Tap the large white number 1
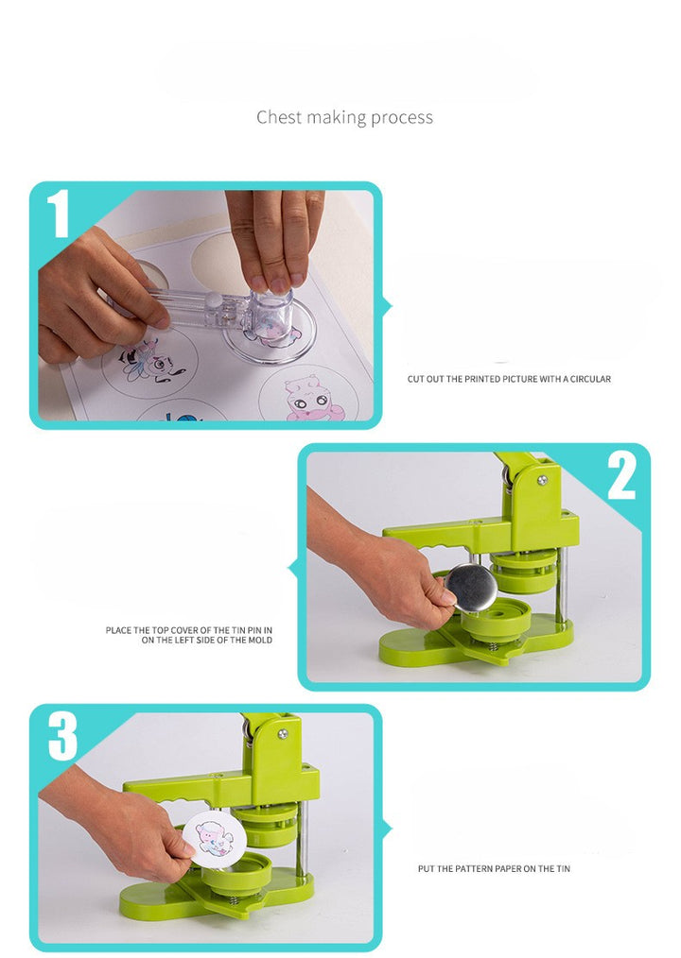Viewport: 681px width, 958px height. pyautogui.click(x=59, y=214)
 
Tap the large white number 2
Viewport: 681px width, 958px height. pyautogui.click(x=621, y=478)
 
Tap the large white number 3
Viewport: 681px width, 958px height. pyautogui.click(x=63, y=738)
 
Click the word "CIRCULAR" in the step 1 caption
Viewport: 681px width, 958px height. pyautogui.click(x=590, y=380)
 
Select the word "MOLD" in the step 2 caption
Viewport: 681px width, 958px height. pyautogui.click(x=260, y=641)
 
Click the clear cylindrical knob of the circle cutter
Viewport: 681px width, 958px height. pyautogui.click(x=271, y=313)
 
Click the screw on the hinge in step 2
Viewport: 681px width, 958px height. pyautogui.click(x=542, y=480)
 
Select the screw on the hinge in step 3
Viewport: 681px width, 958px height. pyautogui.click(x=282, y=734)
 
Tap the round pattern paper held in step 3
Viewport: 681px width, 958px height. pyautogui.click(x=214, y=838)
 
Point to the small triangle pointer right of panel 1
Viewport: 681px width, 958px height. pyautogui.click(x=387, y=306)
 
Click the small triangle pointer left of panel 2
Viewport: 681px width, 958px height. pyautogui.click(x=293, y=568)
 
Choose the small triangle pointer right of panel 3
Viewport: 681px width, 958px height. pyautogui.click(x=387, y=830)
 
